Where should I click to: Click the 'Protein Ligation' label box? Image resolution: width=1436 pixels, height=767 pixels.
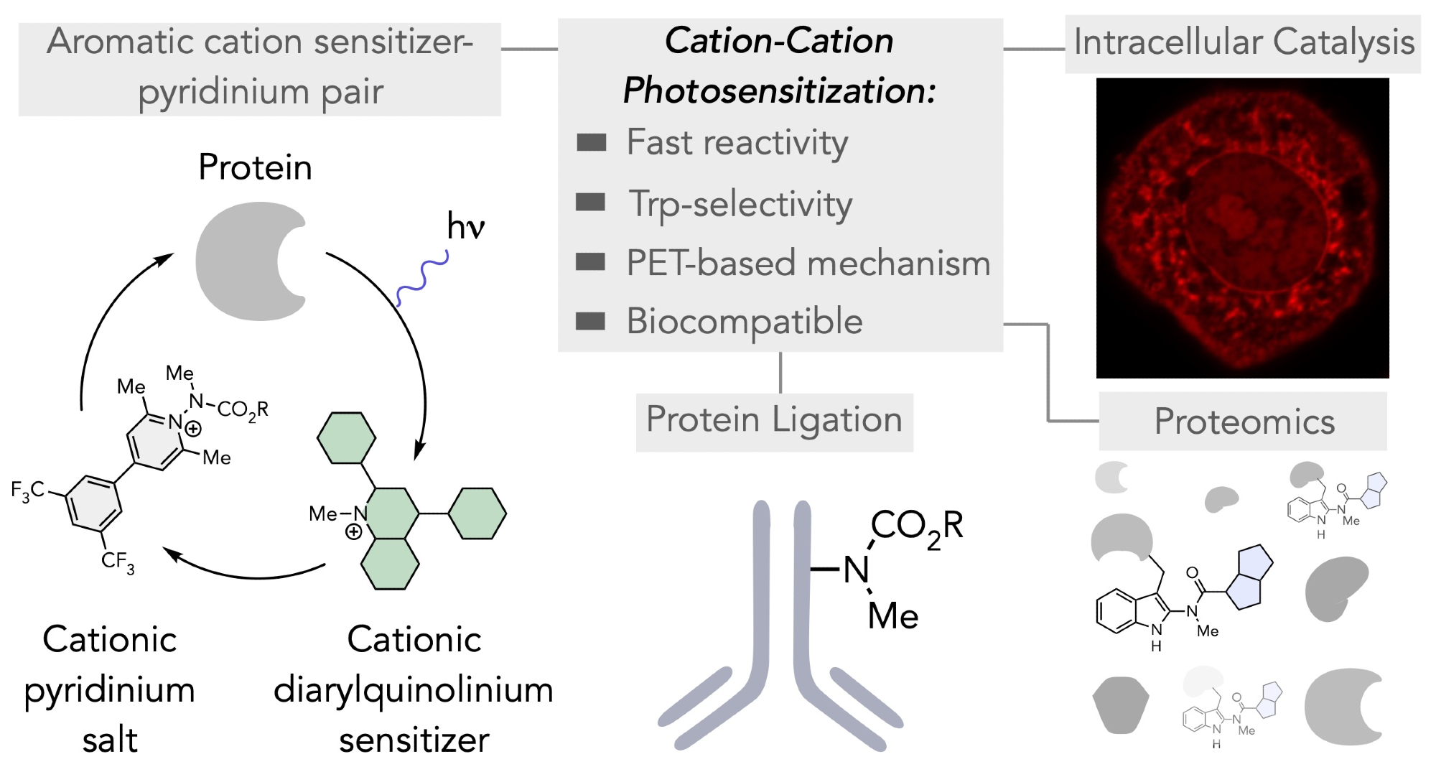click(774, 422)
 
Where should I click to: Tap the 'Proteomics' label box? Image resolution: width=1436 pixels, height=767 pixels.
click(1243, 422)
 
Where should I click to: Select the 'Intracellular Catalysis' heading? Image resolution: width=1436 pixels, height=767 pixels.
click(1243, 42)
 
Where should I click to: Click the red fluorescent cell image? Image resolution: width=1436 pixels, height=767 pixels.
click(1242, 228)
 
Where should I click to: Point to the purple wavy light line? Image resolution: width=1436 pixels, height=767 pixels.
click(423, 279)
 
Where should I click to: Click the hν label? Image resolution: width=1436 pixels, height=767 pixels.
click(465, 226)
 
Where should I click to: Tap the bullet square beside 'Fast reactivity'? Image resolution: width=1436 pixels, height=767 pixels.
click(591, 142)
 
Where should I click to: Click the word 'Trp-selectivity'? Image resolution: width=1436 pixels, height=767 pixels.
click(740, 205)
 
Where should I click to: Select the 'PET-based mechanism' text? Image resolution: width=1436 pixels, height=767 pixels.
click(808, 263)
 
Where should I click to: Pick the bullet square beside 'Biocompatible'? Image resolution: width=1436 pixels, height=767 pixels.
click(591, 321)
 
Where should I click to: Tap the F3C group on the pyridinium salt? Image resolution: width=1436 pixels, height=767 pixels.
click(28, 491)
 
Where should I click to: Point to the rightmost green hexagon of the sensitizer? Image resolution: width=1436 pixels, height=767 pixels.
click(477, 513)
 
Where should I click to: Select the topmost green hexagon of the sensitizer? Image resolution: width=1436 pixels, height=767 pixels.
click(347, 437)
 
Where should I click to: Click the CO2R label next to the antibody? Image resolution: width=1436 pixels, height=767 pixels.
click(916, 526)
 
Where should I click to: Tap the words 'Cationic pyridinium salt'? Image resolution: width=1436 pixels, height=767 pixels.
click(110, 689)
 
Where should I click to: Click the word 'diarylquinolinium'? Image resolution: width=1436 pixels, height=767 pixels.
click(414, 690)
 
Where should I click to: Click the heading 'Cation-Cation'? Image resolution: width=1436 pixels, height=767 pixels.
click(779, 41)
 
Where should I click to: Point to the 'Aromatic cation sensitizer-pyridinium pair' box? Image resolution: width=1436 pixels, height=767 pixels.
click(260, 68)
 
